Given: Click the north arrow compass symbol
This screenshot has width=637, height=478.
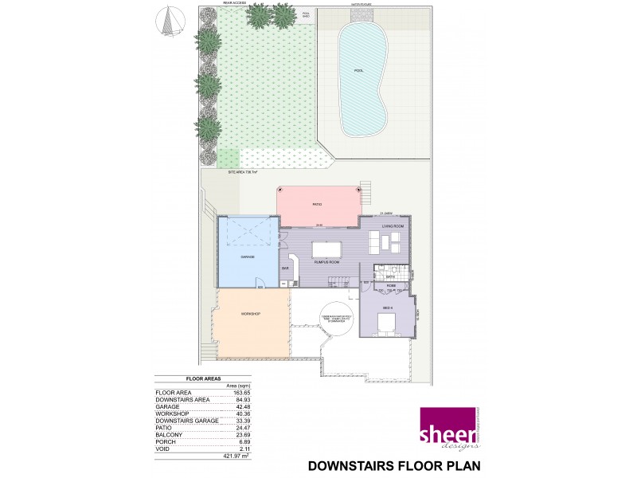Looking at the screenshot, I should click(168, 22).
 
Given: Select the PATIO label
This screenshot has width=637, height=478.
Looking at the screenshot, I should click(316, 205).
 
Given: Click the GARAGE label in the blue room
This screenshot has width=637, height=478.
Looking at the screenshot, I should click(248, 257).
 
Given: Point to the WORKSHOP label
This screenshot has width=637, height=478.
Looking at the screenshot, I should click(251, 314).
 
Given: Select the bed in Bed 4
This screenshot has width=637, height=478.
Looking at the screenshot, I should click(386, 323).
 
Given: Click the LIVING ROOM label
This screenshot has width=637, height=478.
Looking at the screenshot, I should click(393, 226).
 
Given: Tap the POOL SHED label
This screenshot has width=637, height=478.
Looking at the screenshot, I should click(306, 14).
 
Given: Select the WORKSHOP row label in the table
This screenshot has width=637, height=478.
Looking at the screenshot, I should click(171, 414).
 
